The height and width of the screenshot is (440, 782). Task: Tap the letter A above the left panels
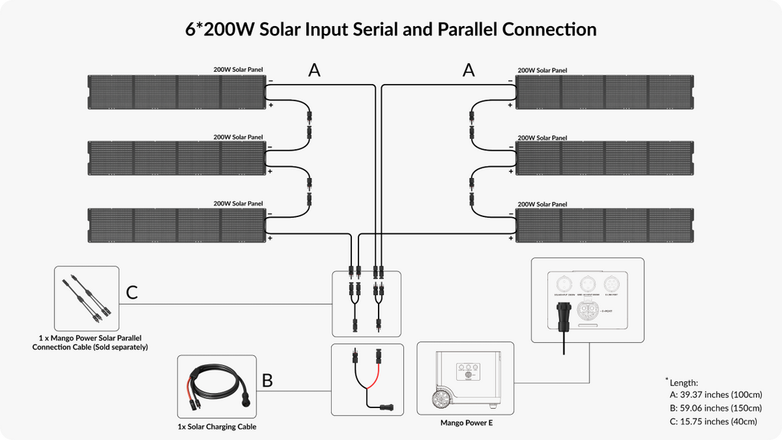point(314,70)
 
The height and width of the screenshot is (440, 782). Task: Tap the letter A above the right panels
point(468,70)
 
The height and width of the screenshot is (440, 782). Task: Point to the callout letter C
point(132,292)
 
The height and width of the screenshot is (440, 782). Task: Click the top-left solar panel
point(176,92)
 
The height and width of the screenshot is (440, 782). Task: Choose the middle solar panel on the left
point(176,158)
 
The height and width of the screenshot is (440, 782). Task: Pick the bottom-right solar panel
point(605,225)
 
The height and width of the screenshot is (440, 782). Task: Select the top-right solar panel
point(605,92)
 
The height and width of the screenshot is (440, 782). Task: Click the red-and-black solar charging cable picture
point(216,388)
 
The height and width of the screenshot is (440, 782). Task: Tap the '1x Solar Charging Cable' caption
point(217,427)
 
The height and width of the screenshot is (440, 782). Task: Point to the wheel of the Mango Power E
point(442,399)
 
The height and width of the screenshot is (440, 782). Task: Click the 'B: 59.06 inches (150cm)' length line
point(713,408)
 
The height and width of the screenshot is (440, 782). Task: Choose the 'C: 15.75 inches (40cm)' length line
point(713,421)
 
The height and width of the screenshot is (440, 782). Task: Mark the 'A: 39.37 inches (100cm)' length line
point(713,395)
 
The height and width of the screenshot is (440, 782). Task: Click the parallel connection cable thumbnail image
point(87,299)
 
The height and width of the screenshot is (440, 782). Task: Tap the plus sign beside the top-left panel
point(270,106)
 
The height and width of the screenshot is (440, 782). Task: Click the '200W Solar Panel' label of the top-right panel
point(542,70)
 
